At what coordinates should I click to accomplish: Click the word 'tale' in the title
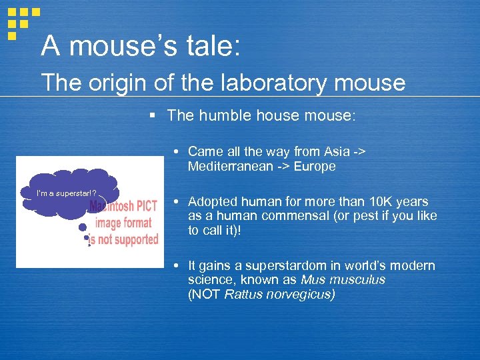coord(201,46)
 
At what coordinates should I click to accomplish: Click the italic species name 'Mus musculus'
coord(343,280)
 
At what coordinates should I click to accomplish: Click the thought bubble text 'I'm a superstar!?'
coord(67,193)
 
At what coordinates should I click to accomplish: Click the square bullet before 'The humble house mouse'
coord(153,115)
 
